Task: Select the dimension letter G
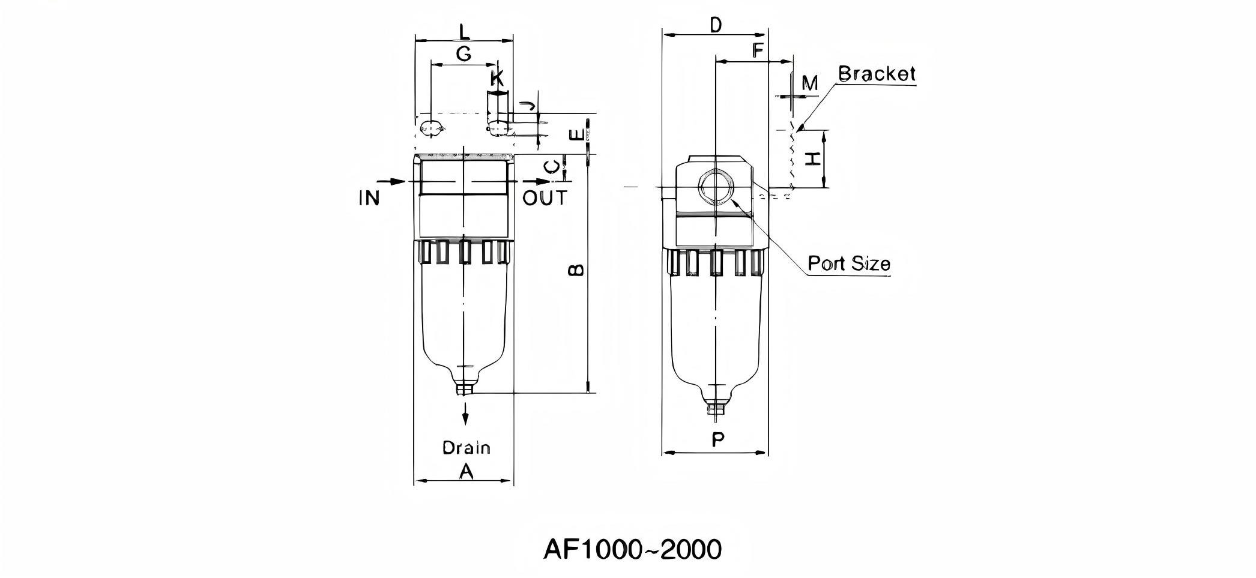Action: coord(463,54)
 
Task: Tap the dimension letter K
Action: coord(497,78)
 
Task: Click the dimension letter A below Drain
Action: coord(466,472)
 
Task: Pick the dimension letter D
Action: coord(715,25)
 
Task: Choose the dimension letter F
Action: coord(758,50)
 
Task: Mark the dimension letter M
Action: coord(810,83)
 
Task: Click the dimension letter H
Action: coord(812,159)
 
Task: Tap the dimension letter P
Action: coord(717,440)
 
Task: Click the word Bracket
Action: coord(877,74)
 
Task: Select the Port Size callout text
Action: coord(848,263)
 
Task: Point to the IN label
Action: coord(369,198)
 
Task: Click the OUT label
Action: coord(545,198)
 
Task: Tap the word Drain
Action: coord(466,448)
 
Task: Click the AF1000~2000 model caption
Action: coord(632,549)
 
